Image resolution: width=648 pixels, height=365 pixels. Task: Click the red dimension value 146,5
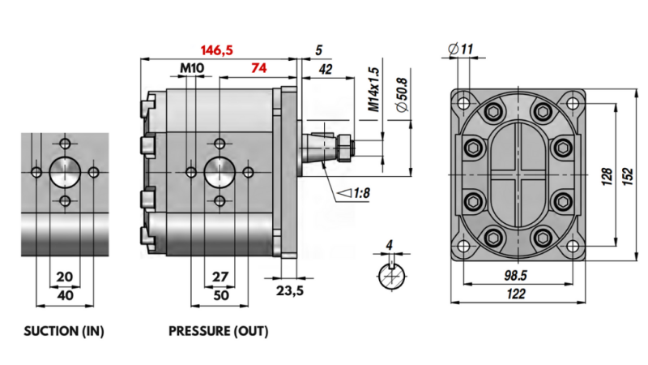(x=217, y=50)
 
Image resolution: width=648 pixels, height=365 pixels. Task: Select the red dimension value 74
(x=259, y=69)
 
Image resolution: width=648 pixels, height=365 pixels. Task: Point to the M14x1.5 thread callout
(x=373, y=89)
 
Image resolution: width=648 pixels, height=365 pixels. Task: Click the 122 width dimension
(x=516, y=295)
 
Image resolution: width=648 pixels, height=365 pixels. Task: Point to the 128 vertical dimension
(x=607, y=176)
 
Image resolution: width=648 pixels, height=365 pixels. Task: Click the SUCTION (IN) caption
(x=64, y=332)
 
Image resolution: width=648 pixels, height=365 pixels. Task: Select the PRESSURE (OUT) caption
(x=218, y=332)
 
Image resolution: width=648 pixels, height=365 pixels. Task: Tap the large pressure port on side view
(x=219, y=172)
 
